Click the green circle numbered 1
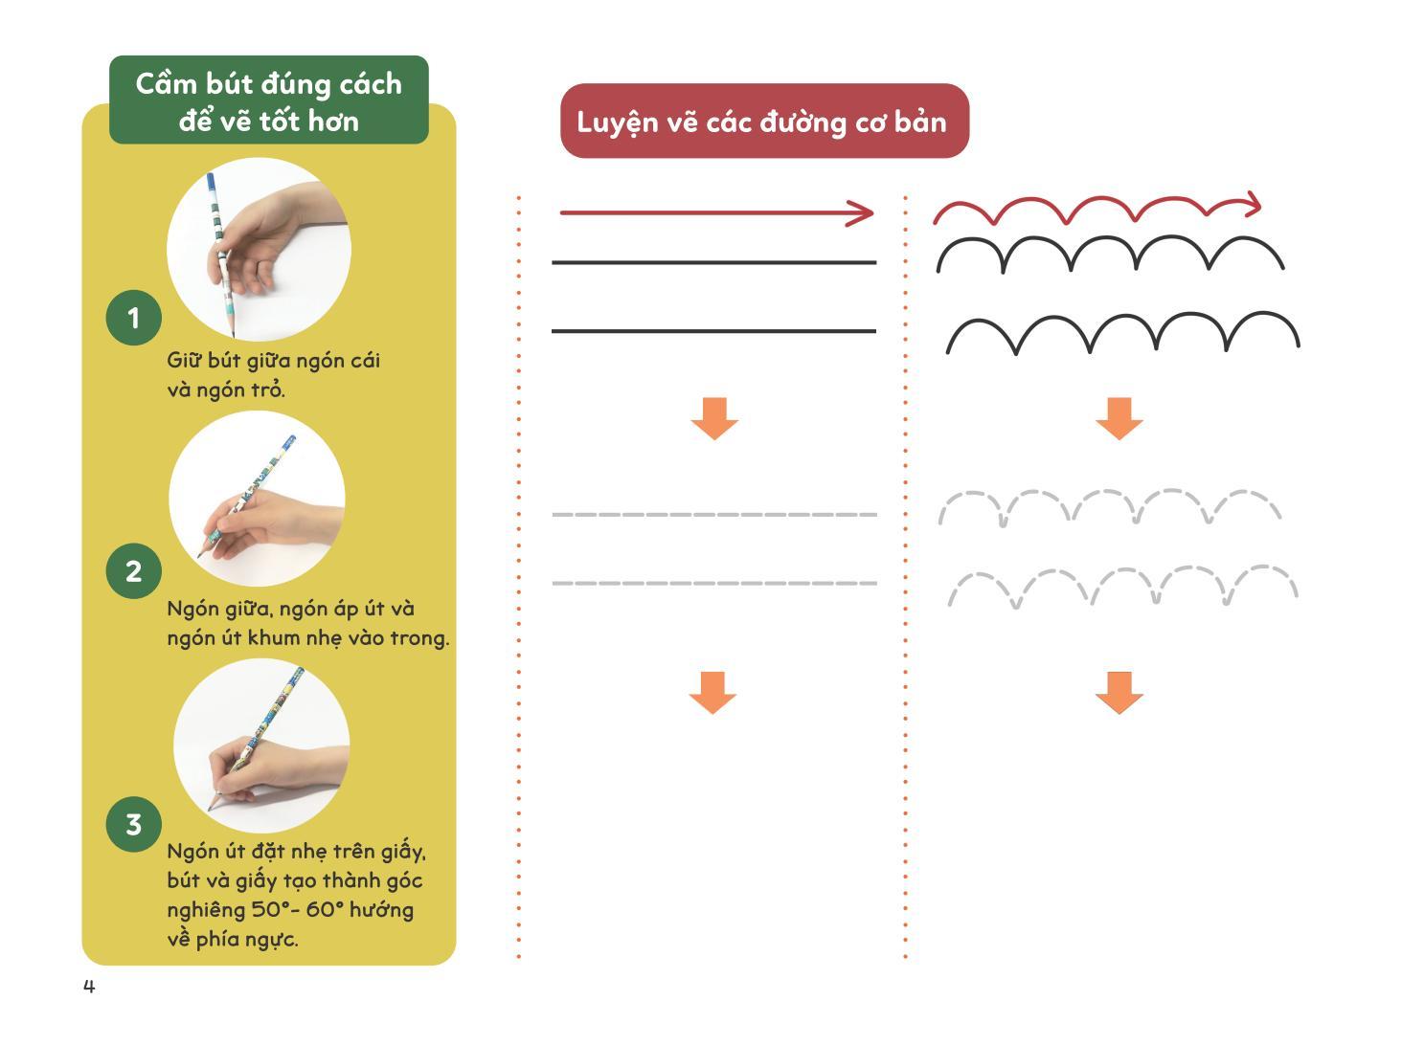tap(133, 318)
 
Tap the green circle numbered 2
tap(133, 570)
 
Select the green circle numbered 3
tap(133, 824)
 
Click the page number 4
tap(89, 987)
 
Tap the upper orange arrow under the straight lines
tap(714, 418)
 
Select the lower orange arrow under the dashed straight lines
tap(712, 693)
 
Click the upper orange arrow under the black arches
tap(1119, 418)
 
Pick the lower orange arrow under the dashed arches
tap(1119, 693)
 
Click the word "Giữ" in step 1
tap(184, 361)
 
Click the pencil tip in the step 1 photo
tap(233, 335)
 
